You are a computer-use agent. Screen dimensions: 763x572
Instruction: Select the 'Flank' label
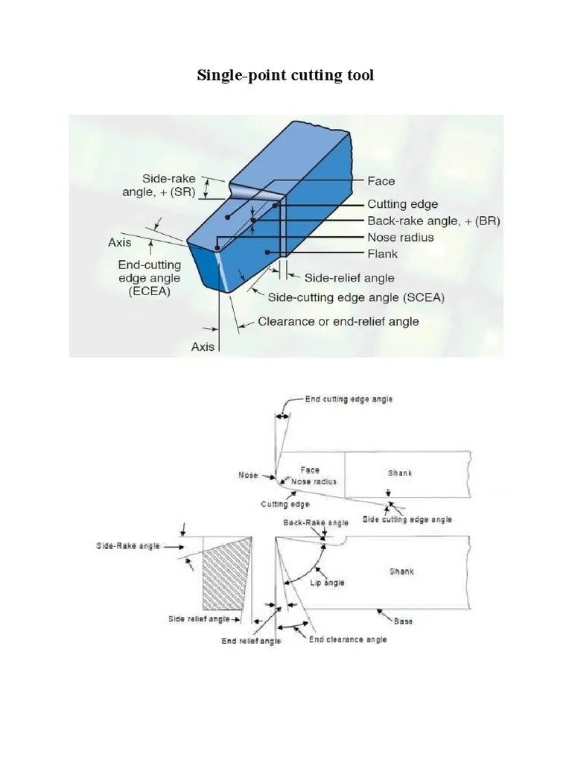[383, 253]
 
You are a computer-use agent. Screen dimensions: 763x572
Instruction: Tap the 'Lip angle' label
[327, 582]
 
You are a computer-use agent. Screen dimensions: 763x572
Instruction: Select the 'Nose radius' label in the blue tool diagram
[400, 237]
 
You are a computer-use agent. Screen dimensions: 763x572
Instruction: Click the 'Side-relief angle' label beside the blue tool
[349, 277]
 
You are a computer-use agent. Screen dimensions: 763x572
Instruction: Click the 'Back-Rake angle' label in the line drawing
[315, 522]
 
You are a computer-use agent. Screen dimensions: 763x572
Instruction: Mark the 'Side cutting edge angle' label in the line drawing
[407, 519]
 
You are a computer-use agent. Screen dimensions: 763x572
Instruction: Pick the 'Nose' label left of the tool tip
[248, 475]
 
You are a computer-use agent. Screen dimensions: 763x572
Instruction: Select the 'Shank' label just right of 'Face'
[399, 472]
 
